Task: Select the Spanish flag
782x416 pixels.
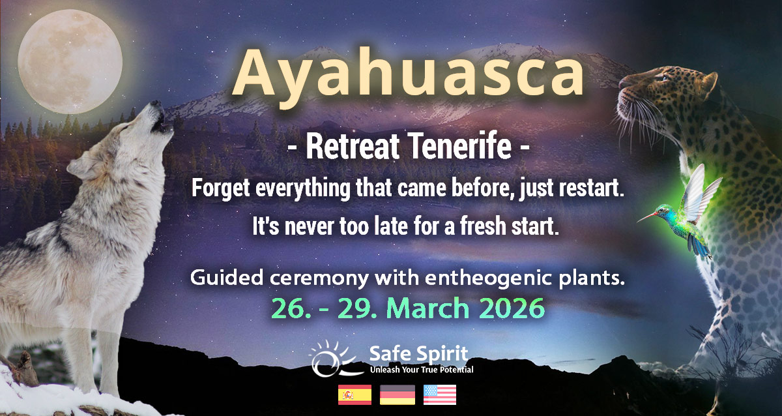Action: click(x=355, y=394)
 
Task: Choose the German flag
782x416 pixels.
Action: click(x=398, y=394)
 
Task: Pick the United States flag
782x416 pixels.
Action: click(x=440, y=394)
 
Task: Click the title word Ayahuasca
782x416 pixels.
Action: click(x=408, y=72)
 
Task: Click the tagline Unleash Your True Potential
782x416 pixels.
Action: click(x=421, y=370)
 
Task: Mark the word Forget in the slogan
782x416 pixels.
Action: click(x=218, y=189)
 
